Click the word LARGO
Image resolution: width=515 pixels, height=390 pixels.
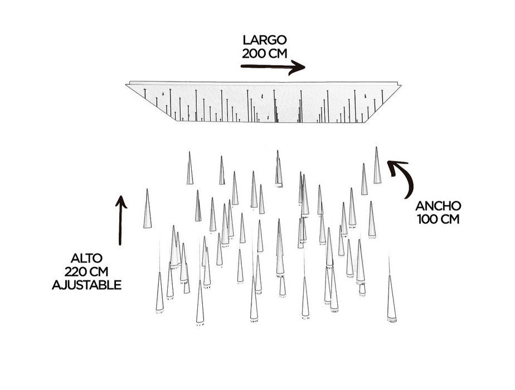264,40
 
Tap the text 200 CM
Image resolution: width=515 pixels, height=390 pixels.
264,53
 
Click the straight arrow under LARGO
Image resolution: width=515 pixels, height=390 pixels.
273,67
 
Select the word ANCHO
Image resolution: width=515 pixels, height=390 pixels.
438,206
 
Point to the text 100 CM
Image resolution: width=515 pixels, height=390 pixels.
438,219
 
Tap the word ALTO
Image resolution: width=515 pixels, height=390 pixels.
86,259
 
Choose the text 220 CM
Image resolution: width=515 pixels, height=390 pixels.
86,272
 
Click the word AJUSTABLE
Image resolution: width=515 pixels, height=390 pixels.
86,285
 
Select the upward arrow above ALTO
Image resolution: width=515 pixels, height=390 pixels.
120,220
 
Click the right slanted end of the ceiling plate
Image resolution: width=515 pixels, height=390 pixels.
385,103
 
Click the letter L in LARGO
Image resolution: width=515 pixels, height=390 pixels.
245,40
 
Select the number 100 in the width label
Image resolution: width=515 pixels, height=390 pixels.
426,219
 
